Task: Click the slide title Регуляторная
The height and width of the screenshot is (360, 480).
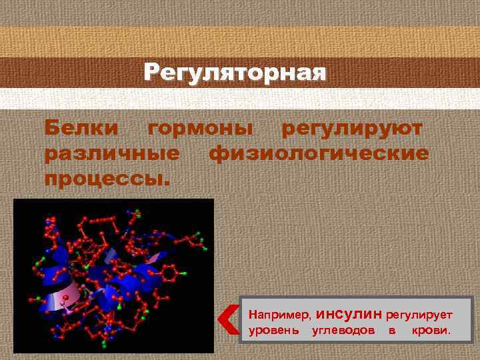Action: [235, 72]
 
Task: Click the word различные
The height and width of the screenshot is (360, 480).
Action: [111, 153]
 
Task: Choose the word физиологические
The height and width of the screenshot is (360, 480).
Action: [319, 153]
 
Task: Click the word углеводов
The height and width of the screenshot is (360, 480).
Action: [343, 331]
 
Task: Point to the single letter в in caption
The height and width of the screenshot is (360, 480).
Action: [392, 331]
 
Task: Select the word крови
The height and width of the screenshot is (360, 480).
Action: [431, 331]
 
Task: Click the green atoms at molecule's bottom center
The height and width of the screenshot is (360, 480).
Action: [103, 344]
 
